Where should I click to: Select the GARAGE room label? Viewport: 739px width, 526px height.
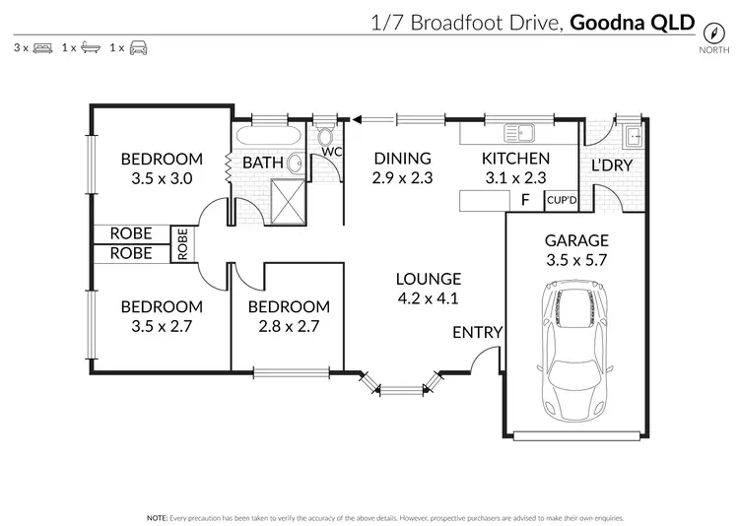[576, 240]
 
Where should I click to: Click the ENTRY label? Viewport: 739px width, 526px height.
[477, 333]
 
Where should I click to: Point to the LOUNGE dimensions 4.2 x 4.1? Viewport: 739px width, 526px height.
[428, 298]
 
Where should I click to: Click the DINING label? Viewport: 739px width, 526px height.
[402, 159]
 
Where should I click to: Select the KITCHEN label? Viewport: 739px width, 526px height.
[514, 159]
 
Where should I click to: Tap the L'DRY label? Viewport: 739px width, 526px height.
[611, 165]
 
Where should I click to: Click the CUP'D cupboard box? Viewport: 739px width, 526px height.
[561, 200]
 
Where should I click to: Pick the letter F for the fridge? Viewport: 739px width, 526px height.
[524, 201]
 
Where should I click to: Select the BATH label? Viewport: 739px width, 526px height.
[263, 163]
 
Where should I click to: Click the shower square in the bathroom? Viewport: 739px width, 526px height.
[289, 203]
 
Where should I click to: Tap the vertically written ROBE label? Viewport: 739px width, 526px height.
[183, 243]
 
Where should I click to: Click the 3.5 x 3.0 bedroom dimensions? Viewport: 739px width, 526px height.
[162, 178]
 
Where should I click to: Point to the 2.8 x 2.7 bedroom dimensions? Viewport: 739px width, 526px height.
[288, 325]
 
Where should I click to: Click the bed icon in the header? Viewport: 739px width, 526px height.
[42, 47]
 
